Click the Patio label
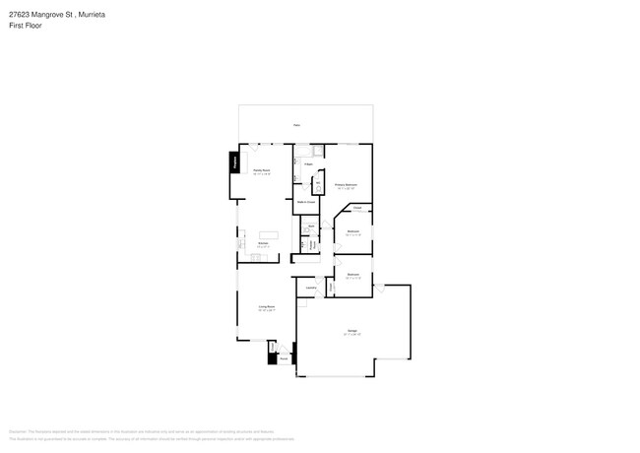(295, 125)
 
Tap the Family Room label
(262, 170)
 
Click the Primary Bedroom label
(345, 185)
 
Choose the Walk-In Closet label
(306, 202)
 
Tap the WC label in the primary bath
(317, 182)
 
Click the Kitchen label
(264, 243)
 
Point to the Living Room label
(266, 307)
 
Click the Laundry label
(310, 288)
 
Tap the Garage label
(352, 330)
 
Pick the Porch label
(283, 358)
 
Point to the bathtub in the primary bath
(318, 151)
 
